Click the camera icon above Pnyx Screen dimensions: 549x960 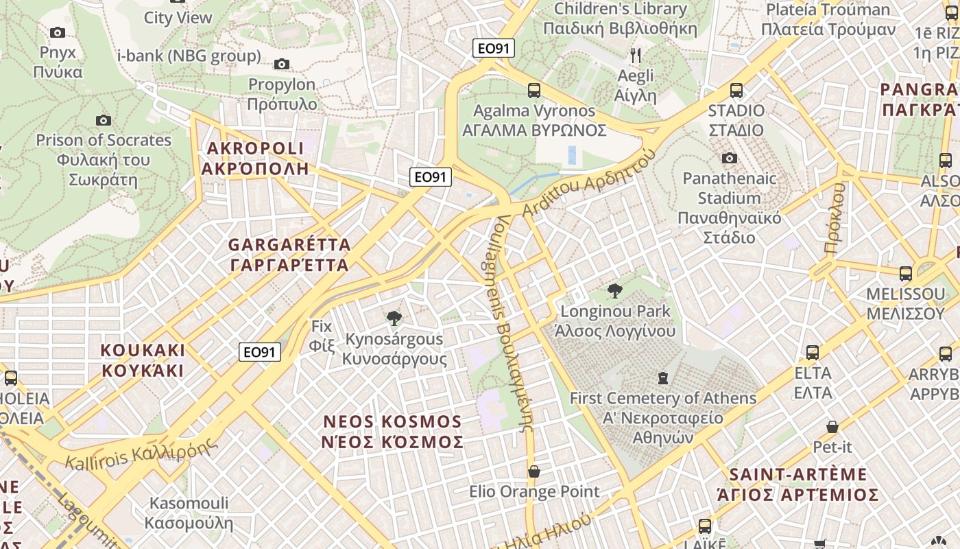(x=58, y=32)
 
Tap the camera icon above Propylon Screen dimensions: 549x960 (x=281, y=65)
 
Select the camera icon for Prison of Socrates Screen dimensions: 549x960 (x=104, y=121)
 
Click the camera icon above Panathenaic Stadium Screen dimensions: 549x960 (x=730, y=159)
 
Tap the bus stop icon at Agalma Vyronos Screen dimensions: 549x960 (x=534, y=91)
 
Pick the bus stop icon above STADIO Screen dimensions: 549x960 (x=736, y=91)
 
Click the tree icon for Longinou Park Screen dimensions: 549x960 (x=615, y=291)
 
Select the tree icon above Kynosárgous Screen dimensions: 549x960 (x=394, y=318)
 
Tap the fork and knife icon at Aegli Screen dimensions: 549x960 (x=636, y=55)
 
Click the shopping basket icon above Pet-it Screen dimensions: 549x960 (x=832, y=427)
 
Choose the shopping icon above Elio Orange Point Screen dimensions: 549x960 (x=534, y=471)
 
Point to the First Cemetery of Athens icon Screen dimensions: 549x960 (x=662, y=378)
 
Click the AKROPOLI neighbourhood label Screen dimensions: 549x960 (x=255, y=159)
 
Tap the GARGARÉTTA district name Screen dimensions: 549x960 (x=289, y=255)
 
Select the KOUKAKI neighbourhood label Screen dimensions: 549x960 (x=143, y=360)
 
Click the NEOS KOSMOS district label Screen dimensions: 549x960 (x=392, y=431)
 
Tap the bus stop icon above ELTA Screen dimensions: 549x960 (x=813, y=353)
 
